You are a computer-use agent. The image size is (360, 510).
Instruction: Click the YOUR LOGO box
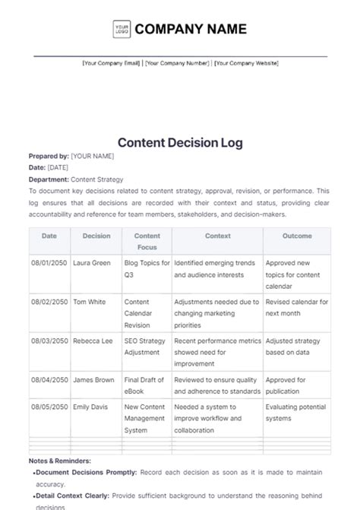tap(122, 30)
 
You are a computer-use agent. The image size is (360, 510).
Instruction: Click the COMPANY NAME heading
tap(191, 30)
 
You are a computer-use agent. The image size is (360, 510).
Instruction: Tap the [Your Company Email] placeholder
tap(112, 64)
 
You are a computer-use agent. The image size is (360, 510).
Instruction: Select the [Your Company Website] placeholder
tap(246, 64)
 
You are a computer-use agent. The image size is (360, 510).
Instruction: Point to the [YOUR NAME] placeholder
tap(92, 156)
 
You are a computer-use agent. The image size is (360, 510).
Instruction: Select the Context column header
tap(218, 236)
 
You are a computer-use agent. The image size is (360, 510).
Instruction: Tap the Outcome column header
tap(297, 236)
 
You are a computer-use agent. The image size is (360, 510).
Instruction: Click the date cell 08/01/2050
tap(49, 262)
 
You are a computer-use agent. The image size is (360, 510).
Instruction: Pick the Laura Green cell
tap(90, 262)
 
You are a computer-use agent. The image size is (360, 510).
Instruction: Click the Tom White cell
tap(89, 302)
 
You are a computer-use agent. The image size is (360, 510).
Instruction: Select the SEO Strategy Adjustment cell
tap(144, 347)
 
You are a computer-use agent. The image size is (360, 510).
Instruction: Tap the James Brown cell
tap(93, 380)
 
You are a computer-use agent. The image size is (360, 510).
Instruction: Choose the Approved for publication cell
tap(286, 385)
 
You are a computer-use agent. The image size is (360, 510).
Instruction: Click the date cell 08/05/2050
tap(49, 408)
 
